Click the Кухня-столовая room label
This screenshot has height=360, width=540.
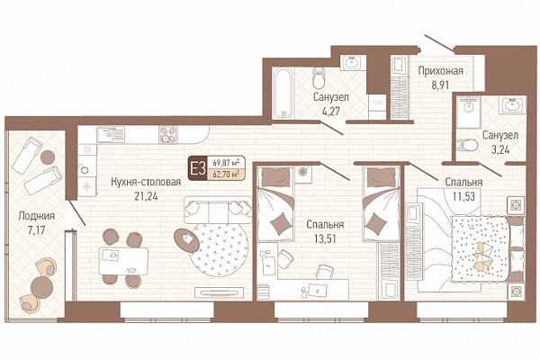pyautogui.click(x=146, y=182)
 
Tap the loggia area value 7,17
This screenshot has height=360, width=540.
pyautogui.click(x=37, y=230)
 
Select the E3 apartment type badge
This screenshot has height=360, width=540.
pyautogui.click(x=198, y=169)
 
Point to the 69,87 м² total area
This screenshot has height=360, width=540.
pyautogui.click(x=226, y=162)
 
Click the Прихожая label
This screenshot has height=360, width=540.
pyautogui.click(x=440, y=71)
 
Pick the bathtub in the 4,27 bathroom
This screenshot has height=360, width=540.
pyautogui.click(x=283, y=93)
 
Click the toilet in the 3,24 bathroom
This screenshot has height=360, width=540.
pyautogui.click(x=467, y=145)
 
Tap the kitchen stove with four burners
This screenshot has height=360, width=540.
pyautogui.click(x=168, y=134)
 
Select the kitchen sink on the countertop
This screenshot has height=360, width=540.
pyautogui.click(x=111, y=134)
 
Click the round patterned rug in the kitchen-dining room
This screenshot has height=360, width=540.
pyautogui.click(x=219, y=248)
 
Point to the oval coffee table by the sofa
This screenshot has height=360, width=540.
pyautogui.click(x=186, y=240)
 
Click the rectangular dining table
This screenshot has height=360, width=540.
pyautogui.click(x=123, y=261)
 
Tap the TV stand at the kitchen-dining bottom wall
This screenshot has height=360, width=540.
pyautogui.click(x=220, y=292)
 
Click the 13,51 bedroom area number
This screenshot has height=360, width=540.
pyautogui.click(x=325, y=238)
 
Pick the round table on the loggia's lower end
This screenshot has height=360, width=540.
pyautogui.click(x=41, y=287)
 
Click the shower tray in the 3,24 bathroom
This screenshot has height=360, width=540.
pyautogui.click(x=468, y=112)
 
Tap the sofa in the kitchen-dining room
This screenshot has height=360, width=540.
pyautogui.click(x=218, y=210)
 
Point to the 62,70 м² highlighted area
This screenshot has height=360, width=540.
pyautogui.click(x=226, y=175)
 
